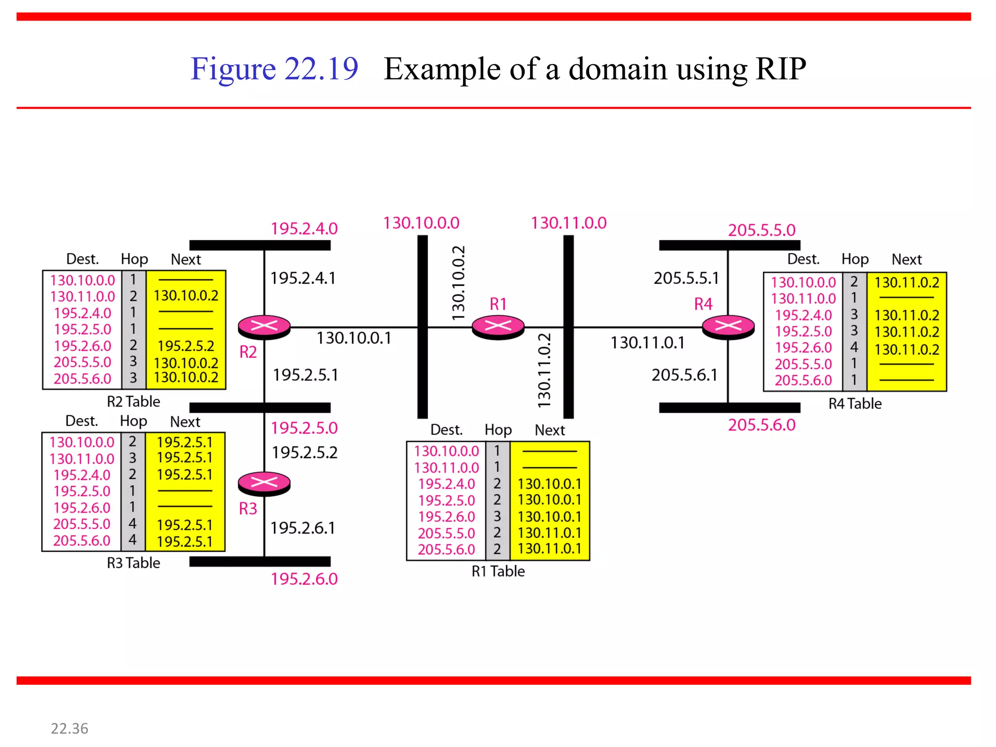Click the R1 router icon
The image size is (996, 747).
click(x=498, y=327)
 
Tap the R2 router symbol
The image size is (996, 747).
click(x=264, y=327)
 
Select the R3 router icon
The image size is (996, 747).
click(x=264, y=483)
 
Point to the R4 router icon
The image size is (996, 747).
click(x=728, y=327)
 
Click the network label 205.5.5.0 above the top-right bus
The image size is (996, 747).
click(x=762, y=230)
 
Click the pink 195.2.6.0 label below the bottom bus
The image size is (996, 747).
click(x=304, y=579)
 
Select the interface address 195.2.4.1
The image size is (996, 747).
click(x=303, y=278)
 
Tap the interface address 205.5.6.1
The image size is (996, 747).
click(x=684, y=375)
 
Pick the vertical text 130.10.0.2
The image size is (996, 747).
click(x=459, y=283)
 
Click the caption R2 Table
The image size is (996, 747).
click(x=133, y=402)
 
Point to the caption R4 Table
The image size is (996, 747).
click(x=854, y=404)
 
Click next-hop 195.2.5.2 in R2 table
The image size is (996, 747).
click(x=186, y=346)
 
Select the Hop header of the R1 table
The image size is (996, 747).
click(x=498, y=430)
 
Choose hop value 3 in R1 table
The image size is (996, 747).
click(x=497, y=516)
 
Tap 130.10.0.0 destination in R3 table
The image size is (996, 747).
click(x=82, y=442)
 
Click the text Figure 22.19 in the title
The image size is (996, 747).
click(x=274, y=68)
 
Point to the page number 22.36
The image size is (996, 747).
click(x=70, y=729)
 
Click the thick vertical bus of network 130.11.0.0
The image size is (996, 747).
click(x=568, y=379)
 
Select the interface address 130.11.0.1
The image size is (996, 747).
click(x=647, y=343)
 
